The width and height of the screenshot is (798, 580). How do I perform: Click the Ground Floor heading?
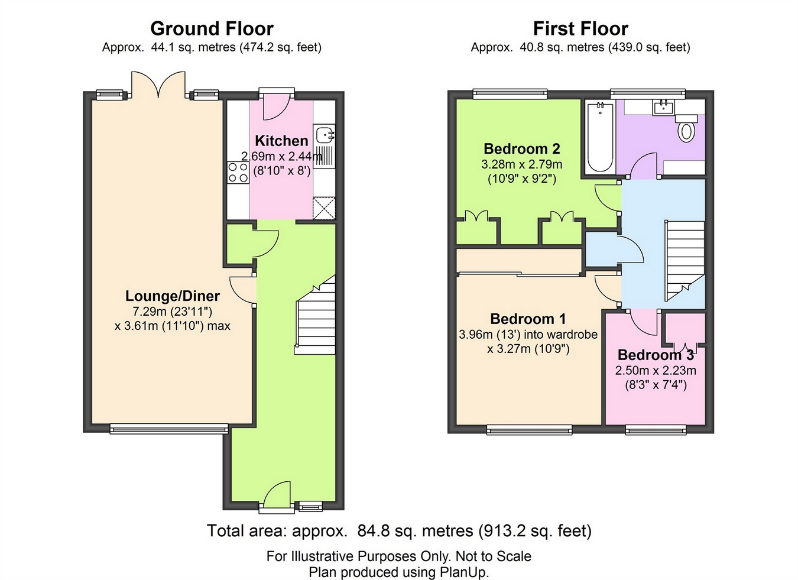click(x=212, y=29)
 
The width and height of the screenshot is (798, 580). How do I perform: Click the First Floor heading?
click(x=580, y=29)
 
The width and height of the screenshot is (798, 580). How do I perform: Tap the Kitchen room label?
click(x=281, y=141)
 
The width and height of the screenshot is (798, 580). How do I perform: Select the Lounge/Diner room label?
click(x=173, y=296)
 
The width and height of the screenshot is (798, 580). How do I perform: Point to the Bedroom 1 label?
click(x=528, y=319)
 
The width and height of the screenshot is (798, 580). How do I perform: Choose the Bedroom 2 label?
click(x=522, y=148)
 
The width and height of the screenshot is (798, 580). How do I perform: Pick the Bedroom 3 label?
click(x=656, y=355)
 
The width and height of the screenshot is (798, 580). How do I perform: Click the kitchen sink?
click(x=324, y=147)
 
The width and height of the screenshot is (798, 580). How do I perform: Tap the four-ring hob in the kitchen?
click(x=238, y=173)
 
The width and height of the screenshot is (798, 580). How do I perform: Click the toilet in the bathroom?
click(x=686, y=129)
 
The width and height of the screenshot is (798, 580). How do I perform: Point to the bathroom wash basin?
click(x=663, y=108)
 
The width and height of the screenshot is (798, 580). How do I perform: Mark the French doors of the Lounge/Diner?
click(x=158, y=85)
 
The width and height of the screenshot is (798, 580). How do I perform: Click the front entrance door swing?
click(x=277, y=494)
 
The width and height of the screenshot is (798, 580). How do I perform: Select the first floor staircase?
click(x=685, y=261)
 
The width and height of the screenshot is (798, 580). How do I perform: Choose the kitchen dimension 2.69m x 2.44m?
click(x=281, y=157)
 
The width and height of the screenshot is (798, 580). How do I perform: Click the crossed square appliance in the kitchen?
click(x=324, y=209)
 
